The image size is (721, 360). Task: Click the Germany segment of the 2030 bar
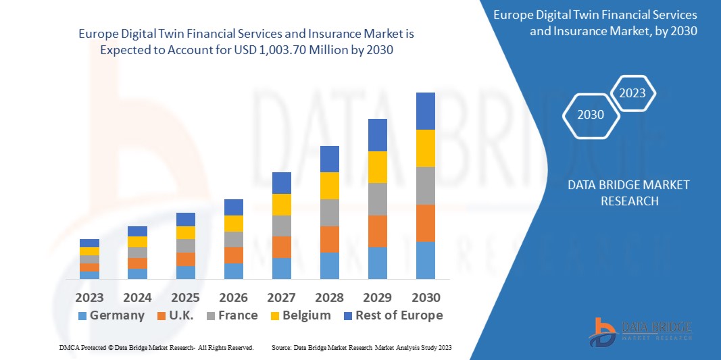coord(426,260)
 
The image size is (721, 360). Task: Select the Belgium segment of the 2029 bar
coord(378,167)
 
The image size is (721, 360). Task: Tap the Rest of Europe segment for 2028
coord(330,159)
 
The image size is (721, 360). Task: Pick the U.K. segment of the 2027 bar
coord(282,247)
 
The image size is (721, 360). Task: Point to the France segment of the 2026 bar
coord(234,239)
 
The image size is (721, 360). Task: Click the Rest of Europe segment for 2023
coord(89,243)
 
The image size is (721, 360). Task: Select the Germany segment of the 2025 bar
coord(186,272)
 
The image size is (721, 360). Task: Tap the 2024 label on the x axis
coord(138,298)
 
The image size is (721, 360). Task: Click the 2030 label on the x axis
coord(426,298)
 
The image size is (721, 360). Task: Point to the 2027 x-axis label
coord(282,298)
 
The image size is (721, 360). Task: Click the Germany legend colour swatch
coord(82,316)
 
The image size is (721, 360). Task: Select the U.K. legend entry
coord(174,315)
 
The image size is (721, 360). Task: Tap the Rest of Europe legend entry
coord(393,315)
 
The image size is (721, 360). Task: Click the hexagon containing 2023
coord(632,93)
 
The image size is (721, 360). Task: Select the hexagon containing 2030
coord(591,115)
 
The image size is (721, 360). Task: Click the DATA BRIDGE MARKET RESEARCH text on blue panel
coord(628,192)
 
